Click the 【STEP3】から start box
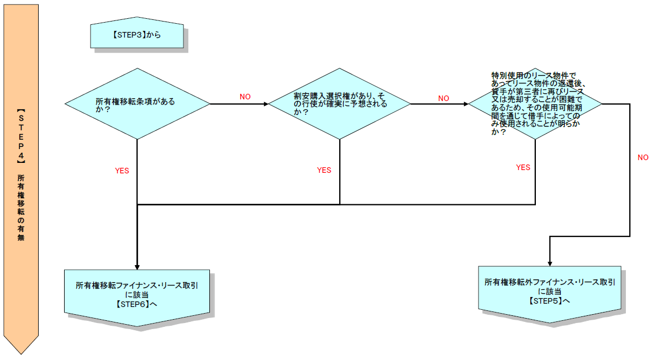137,35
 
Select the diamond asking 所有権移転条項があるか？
137,104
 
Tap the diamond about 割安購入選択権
339,104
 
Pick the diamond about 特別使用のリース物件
535,104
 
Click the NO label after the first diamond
245,97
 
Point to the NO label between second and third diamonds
444,98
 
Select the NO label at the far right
643,157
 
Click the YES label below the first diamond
122,171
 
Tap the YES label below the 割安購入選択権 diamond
324,170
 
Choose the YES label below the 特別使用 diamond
523,167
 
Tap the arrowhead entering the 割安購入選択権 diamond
265,104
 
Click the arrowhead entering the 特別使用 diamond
465,104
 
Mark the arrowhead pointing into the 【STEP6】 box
137,266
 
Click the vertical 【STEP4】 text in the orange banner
21,138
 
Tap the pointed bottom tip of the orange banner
21,352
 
